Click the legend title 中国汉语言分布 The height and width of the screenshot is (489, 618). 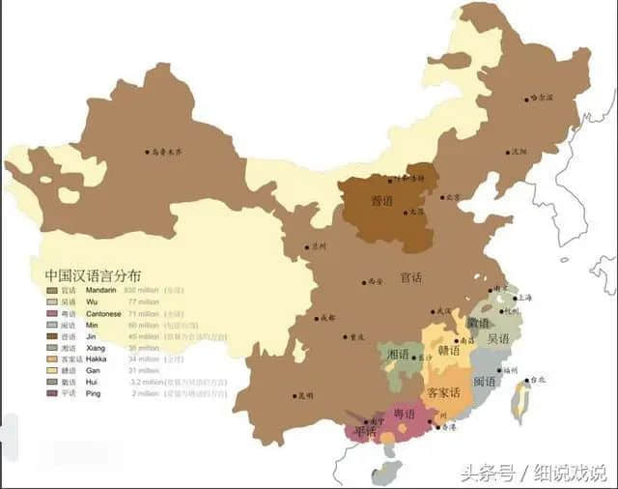[x=92, y=274]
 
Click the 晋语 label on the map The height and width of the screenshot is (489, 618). [x=383, y=203]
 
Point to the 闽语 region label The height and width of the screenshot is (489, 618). [x=485, y=382]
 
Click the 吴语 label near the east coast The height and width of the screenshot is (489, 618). [x=499, y=339]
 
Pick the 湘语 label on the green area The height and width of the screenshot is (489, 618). [x=398, y=355]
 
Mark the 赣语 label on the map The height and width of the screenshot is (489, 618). [x=448, y=351]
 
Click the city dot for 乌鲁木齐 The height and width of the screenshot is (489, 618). [x=148, y=152]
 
